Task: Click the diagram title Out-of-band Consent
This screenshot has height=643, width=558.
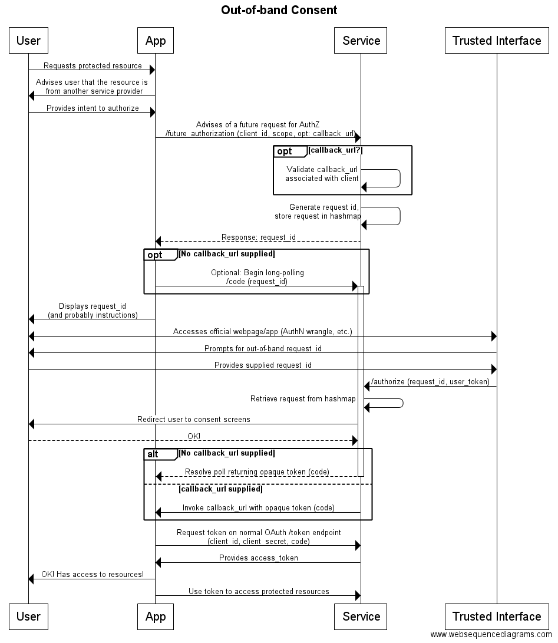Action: click(279, 10)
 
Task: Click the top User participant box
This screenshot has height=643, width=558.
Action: click(28, 41)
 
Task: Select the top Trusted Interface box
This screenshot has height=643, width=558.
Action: click(496, 41)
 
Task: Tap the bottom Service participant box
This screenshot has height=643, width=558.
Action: click(361, 616)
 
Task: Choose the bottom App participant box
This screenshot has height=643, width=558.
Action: click(156, 616)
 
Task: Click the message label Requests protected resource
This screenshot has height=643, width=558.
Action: click(93, 66)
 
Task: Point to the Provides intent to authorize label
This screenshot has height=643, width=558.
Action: click(93, 108)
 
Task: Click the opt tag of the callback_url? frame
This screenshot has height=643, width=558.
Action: click(285, 151)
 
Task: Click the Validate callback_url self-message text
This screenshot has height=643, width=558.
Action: click(322, 174)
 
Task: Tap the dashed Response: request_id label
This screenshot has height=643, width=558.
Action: click(259, 238)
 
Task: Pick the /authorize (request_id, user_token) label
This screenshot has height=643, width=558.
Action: click(430, 382)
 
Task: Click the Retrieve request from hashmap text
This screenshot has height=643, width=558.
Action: click(303, 399)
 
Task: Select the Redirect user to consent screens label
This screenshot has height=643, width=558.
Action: click(194, 420)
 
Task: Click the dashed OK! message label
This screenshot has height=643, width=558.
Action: click(194, 436)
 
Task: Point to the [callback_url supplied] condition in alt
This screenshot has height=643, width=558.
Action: click(220, 489)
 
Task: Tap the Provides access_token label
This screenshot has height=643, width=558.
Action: click(259, 558)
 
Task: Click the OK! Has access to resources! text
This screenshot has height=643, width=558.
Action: click(93, 575)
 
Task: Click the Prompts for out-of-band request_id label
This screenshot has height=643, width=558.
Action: click(263, 349)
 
